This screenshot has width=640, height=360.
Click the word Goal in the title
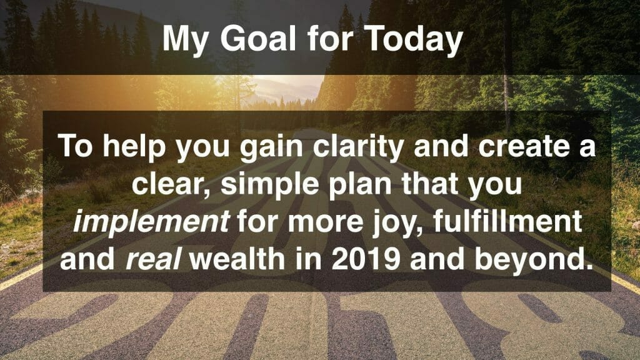(x=258, y=39)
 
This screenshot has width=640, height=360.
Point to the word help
(x=134, y=147)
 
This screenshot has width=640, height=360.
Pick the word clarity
(x=358, y=147)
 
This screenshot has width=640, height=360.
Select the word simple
(x=270, y=185)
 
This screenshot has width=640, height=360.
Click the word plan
(x=359, y=185)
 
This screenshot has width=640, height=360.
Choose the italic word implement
(x=151, y=222)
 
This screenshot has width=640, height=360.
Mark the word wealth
(x=237, y=258)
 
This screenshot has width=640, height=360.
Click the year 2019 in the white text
(x=365, y=259)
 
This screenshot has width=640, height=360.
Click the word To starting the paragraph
(x=76, y=146)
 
